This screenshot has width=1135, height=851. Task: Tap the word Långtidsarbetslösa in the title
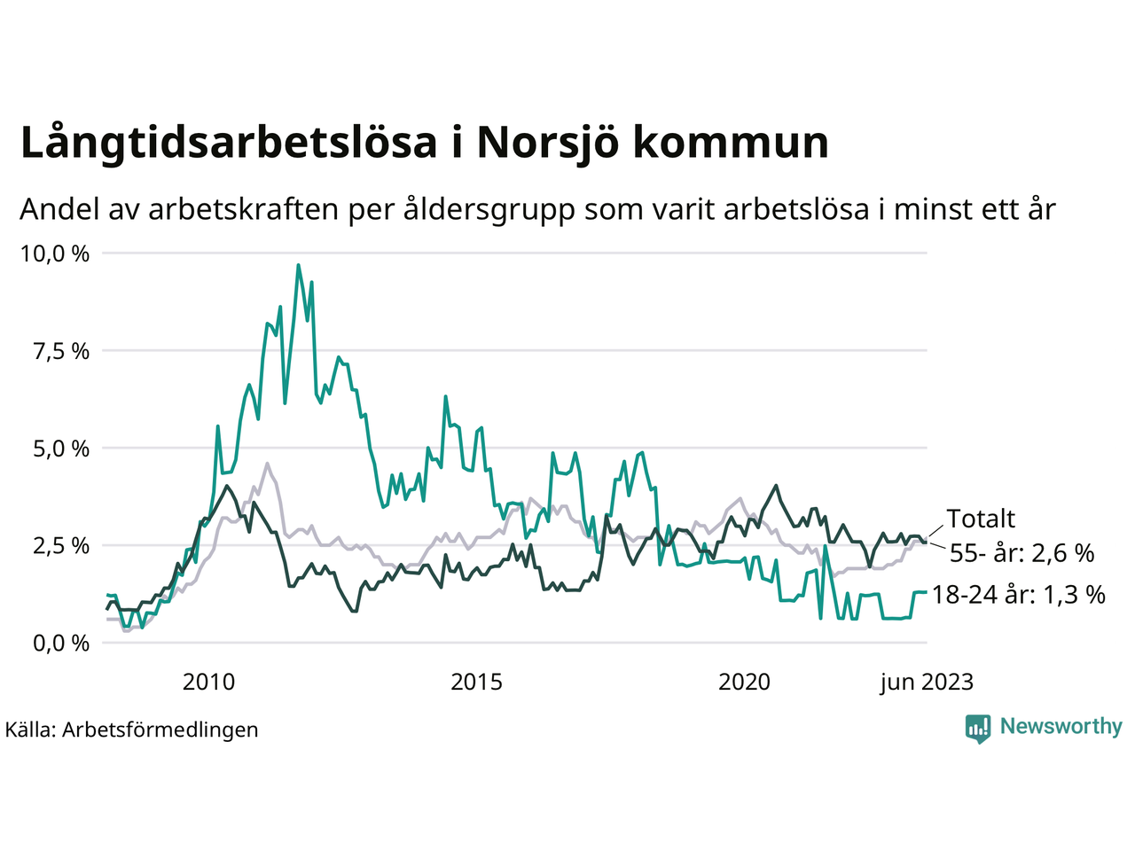[229, 144]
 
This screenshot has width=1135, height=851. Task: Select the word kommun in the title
[731, 144]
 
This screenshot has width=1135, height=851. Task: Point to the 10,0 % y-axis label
[55, 254]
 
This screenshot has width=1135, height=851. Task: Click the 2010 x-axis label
[208, 682]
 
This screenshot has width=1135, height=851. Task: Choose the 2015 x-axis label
[476, 682]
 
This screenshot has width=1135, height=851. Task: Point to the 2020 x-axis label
[744, 682]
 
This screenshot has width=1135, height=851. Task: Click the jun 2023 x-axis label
[927, 682]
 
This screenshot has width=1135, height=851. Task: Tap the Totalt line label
[981, 519]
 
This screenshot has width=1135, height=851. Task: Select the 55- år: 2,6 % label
[1021, 553]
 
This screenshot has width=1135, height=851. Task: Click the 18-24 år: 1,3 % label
[1018, 594]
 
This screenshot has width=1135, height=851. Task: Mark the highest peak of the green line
[298, 265]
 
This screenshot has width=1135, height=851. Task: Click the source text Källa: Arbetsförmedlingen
[132, 730]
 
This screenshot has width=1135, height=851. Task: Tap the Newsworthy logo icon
[978, 728]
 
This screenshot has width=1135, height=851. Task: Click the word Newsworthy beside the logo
[1061, 727]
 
